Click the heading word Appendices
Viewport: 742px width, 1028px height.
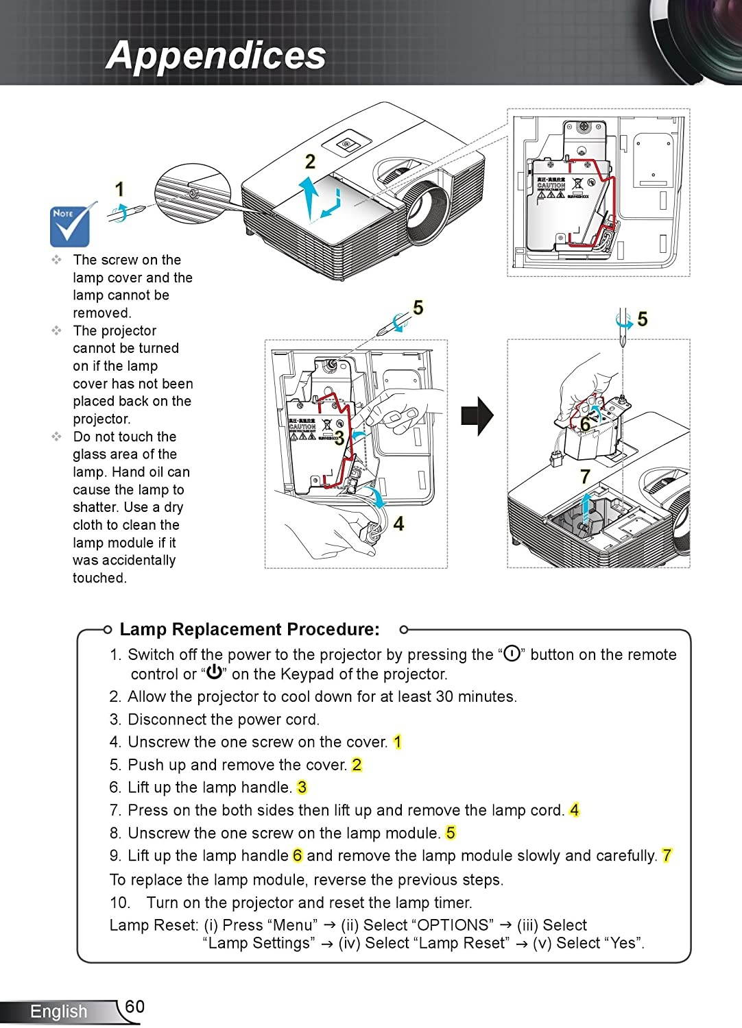tap(216, 56)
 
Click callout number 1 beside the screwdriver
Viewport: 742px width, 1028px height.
tap(119, 189)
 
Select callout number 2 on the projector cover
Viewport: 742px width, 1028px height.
tap(310, 162)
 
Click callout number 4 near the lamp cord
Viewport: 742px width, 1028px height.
tap(398, 524)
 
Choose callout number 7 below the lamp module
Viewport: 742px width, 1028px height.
tap(585, 476)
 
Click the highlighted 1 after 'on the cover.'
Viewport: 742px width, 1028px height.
tap(398, 742)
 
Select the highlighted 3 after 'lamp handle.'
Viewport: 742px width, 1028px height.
tap(302, 787)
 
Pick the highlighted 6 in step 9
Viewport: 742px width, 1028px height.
tap(298, 855)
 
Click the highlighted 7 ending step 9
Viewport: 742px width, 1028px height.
tap(667, 855)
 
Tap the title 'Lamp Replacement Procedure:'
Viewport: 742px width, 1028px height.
tap(250, 629)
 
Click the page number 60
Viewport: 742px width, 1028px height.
tap(135, 1006)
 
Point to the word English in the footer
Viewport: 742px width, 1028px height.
tap(58, 1012)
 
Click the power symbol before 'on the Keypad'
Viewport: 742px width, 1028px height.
tap(213, 673)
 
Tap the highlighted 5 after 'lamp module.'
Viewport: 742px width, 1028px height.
tap(451, 833)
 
